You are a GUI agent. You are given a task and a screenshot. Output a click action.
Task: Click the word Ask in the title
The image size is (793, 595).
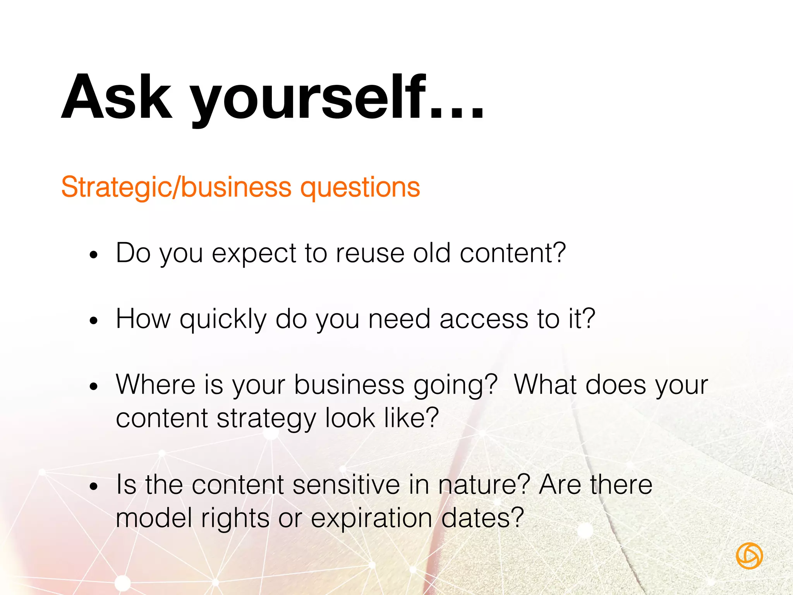116,97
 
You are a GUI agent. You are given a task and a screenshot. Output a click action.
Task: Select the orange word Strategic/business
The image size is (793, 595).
176,187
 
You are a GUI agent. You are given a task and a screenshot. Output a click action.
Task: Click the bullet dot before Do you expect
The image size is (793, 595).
93,255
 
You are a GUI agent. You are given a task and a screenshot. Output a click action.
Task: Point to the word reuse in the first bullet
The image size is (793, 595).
370,253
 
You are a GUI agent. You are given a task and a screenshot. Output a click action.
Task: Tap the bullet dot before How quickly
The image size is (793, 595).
93,321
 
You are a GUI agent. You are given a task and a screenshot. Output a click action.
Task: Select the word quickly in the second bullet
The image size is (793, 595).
223,320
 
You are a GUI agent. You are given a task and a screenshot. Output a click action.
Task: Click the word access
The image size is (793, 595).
484,319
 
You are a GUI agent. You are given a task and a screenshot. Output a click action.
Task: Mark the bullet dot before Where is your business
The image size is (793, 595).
93,386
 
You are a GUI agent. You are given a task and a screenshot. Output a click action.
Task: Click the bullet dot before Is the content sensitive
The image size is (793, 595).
93,487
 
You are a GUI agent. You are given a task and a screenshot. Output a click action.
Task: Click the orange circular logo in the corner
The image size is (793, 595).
749,556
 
